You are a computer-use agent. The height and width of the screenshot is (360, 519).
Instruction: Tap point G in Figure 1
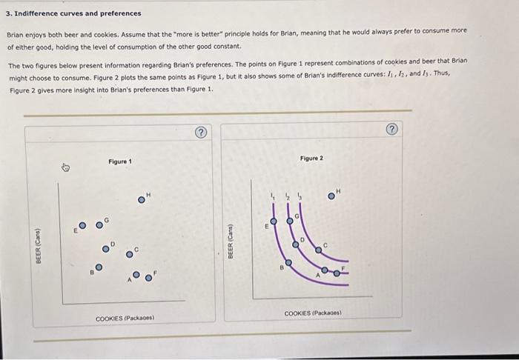(x=99, y=224)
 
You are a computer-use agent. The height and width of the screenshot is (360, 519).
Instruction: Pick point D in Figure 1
(x=105, y=248)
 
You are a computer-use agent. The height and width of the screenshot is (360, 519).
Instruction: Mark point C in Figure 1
(x=129, y=254)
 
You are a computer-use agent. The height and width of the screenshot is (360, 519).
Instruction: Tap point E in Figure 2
(x=272, y=220)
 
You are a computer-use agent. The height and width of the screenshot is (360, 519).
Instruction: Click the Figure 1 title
(x=119, y=162)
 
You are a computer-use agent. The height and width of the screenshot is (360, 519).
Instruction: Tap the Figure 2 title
(x=312, y=158)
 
